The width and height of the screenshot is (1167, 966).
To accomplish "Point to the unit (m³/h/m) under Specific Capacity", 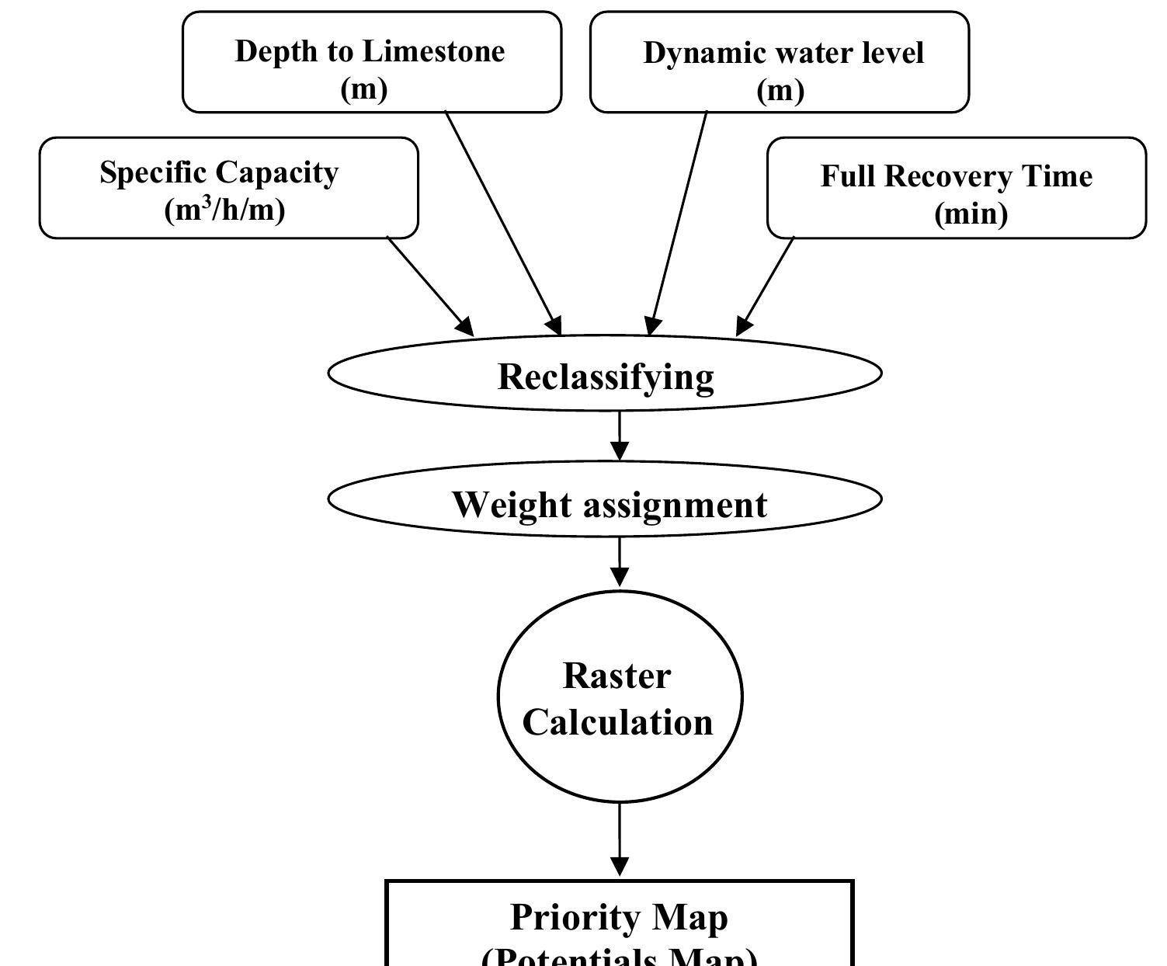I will pos(224,210).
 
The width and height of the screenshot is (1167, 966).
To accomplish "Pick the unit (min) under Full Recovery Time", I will pos(971,214).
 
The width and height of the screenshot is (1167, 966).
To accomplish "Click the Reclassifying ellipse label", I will pos(605,377).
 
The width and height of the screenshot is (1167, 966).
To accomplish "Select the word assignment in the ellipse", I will pos(674,506).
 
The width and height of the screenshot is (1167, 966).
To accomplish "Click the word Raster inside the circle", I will pos(616,676).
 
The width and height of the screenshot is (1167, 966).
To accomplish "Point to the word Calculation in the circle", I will pos(617,722).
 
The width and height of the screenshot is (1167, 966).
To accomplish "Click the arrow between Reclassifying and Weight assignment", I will pos(619,436).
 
